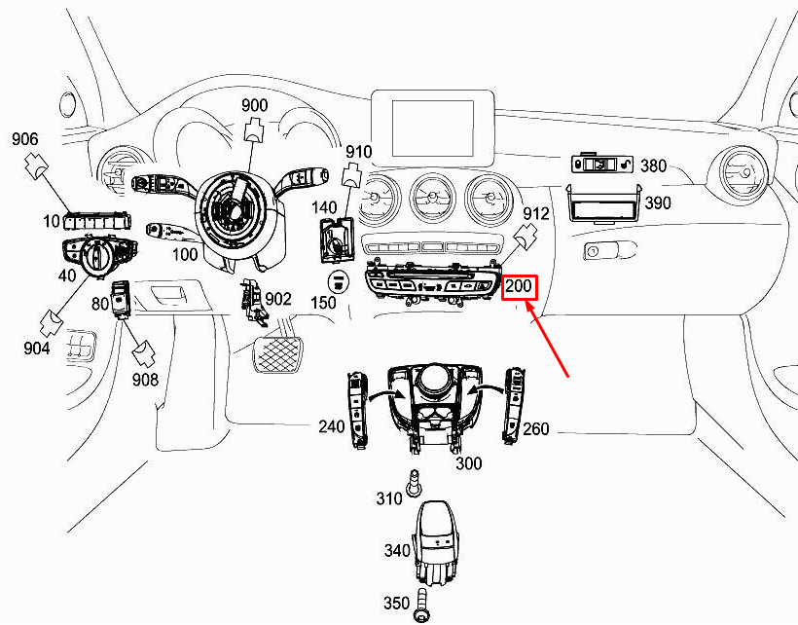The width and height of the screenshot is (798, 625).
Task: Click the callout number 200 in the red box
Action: (x=519, y=287)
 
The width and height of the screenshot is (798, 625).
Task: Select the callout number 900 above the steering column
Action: (x=254, y=105)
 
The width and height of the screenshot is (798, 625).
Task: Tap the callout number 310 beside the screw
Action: (x=389, y=498)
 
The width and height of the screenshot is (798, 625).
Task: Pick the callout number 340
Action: (x=397, y=551)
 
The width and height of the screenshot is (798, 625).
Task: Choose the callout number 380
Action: (x=653, y=166)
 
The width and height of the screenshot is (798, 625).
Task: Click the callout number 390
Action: (x=659, y=203)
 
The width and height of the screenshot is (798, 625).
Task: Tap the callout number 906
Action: (x=26, y=140)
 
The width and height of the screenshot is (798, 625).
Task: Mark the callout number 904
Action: (x=37, y=349)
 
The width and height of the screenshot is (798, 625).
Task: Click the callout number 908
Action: (x=146, y=379)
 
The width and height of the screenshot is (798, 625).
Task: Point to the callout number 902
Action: (x=279, y=299)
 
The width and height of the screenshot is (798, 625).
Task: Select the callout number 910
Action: (x=359, y=152)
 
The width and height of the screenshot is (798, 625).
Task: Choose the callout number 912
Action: (x=536, y=213)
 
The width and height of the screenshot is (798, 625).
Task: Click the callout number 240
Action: (x=332, y=426)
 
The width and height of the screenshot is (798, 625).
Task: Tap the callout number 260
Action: (x=536, y=428)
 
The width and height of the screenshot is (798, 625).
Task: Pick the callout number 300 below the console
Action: (x=469, y=463)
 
